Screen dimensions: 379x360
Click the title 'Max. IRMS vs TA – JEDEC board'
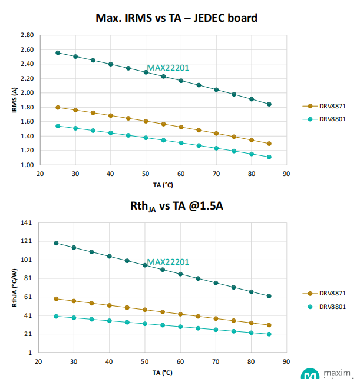(x=176, y=18)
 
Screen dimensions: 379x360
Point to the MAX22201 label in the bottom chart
(x=168, y=262)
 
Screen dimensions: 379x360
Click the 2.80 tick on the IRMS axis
(x=27, y=35)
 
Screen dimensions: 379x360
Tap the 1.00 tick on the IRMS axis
(x=27, y=165)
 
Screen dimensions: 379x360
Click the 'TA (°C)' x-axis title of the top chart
(x=163, y=184)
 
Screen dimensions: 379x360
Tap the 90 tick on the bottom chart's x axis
(x=286, y=362)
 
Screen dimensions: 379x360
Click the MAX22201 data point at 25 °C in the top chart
(x=57, y=52)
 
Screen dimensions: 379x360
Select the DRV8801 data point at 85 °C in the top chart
(x=269, y=157)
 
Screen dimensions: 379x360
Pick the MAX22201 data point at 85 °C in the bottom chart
(x=269, y=296)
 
